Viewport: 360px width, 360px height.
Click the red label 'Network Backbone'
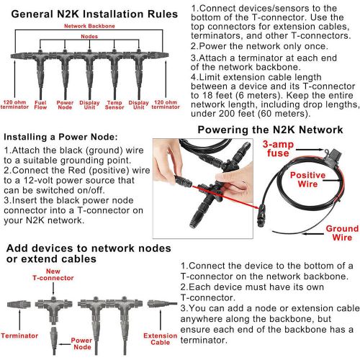pyautogui.click(x=89, y=26)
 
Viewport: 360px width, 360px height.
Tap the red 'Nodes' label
pyautogui.click(x=89, y=37)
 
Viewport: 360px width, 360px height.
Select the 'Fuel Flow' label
pyautogui.click(x=40, y=105)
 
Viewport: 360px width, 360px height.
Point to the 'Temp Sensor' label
pyautogui.click(x=114, y=105)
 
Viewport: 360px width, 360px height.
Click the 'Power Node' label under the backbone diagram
pyautogui.click(x=65, y=105)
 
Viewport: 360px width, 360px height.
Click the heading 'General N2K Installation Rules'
pyautogui.click(x=94, y=14)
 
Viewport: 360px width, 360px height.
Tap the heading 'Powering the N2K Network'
pyautogui.click(x=270, y=130)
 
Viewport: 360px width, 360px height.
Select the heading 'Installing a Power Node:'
pyautogui.click(x=60, y=137)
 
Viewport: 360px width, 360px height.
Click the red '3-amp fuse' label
pyautogui.click(x=278, y=148)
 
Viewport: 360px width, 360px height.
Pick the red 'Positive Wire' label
pyautogui.click(x=307, y=179)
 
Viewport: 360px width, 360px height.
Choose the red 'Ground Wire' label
pyautogui.click(x=342, y=233)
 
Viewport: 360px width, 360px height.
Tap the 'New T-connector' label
pyautogui.click(x=53, y=274)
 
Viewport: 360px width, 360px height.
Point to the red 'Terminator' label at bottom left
pyautogui.click(x=19, y=336)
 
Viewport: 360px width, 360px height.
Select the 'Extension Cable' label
pyautogui.click(x=161, y=339)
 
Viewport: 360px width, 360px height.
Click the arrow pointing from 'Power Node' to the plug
pyautogui.click(x=65, y=344)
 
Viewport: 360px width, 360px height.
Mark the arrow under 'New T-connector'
pyautogui.click(x=53, y=288)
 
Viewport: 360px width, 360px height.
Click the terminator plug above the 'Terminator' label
pyautogui.click(x=19, y=305)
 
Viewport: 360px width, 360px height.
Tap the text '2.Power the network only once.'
pyautogui.click(x=259, y=46)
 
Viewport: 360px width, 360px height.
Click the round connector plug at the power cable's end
pyautogui.click(x=261, y=215)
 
